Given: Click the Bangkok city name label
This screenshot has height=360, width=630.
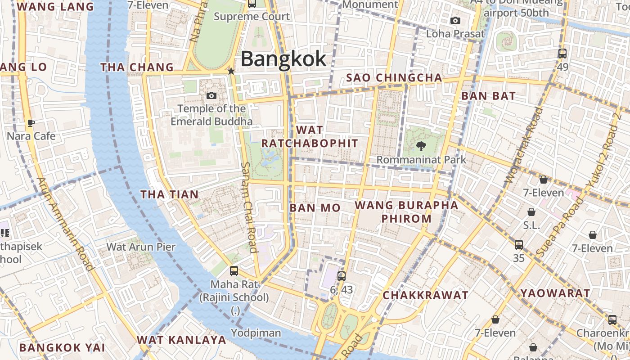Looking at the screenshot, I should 283,59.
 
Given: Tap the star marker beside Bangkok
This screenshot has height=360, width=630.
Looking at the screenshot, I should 231,71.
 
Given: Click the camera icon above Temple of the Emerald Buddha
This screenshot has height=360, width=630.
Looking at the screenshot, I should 211,95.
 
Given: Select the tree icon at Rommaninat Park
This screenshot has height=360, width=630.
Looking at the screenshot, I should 421,146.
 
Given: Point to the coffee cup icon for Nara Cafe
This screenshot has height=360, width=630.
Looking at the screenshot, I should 31,123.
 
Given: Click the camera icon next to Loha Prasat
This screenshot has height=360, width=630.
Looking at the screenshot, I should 455,21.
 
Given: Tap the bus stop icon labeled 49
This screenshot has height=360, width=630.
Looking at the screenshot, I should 562,54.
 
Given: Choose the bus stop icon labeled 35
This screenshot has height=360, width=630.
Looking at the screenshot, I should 519,244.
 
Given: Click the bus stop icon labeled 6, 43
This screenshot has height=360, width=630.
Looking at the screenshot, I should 342,276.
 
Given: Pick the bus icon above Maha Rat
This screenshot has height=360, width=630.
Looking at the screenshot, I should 234,270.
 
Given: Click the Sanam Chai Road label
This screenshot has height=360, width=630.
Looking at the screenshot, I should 248,207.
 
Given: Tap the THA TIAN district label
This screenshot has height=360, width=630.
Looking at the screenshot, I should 169,194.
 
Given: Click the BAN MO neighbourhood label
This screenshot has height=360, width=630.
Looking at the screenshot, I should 315,208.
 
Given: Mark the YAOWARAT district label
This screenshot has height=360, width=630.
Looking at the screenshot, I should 555,293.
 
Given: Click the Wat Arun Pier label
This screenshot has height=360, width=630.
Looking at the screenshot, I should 140,247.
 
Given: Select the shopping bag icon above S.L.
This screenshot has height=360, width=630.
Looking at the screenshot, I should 531,212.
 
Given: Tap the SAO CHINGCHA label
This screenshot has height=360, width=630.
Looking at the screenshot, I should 394,78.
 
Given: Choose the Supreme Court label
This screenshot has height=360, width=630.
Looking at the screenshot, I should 252,17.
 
